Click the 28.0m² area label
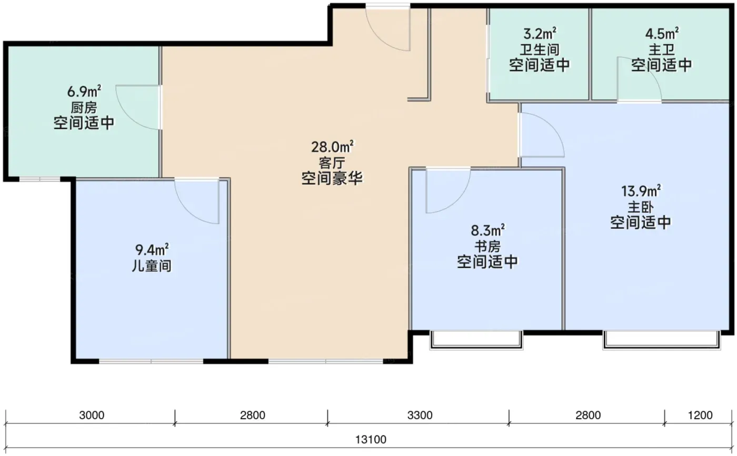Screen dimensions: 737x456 [x=332, y=147]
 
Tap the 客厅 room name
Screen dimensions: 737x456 [x=332, y=163]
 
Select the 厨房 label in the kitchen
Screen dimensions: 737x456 [x=84, y=107]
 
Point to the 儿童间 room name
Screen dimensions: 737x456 [x=152, y=266]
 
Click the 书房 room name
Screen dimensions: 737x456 [x=487, y=246]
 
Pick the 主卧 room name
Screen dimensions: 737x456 [x=641, y=207]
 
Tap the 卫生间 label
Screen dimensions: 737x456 [x=540, y=49]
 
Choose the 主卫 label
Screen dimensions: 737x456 [x=662, y=49]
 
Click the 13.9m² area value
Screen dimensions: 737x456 [x=641, y=191]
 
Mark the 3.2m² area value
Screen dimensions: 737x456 [x=540, y=34]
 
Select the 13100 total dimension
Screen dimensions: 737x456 [x=371, y=440]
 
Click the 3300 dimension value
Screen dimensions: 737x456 [x=420, y=415]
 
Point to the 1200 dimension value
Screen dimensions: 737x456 [x=700, y=415]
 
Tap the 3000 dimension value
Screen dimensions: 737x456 [x=92, y=415]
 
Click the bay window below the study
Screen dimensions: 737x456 [x=476, y=340]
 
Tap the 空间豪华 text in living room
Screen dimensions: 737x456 [x=332, y=178]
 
